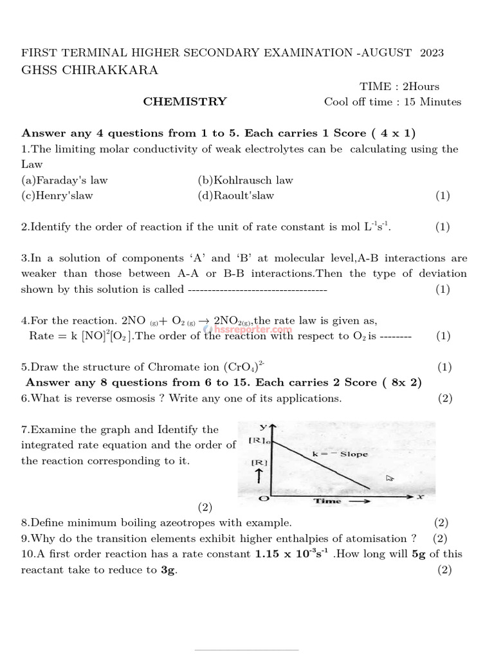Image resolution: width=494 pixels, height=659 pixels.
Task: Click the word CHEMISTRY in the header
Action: point(185,102)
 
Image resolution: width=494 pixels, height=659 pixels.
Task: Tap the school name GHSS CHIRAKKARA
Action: point(89,70)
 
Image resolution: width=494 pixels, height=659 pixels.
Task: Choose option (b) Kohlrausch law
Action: point(245,180)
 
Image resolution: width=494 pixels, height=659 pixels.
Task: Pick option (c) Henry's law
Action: point(57,196)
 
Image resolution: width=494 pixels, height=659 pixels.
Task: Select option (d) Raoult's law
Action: point(236,196)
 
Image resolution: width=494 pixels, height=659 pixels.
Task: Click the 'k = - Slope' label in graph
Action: point(344,454)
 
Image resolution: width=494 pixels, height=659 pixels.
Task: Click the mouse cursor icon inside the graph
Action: point(389,478)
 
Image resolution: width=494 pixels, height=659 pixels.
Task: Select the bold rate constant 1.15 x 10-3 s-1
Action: point(293,553)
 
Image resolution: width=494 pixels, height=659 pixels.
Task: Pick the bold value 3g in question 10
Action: point(168,570)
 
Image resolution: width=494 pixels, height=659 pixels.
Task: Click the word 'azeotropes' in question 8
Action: point(181,523)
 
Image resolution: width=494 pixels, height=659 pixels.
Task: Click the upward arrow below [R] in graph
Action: point(258,476)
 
